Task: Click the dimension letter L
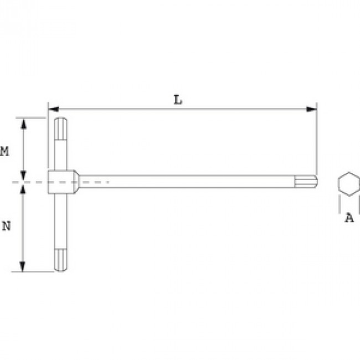[178, 100]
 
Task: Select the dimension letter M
[4, 151]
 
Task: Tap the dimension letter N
[6, 226]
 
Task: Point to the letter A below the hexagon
[349, 218]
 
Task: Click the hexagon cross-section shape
[349, 184]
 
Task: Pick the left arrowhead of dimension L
[54, 109]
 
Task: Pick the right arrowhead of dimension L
[311, 109]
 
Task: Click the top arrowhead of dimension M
[23, 124]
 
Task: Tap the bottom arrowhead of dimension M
[23, 176]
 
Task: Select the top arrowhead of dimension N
[23, 190]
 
